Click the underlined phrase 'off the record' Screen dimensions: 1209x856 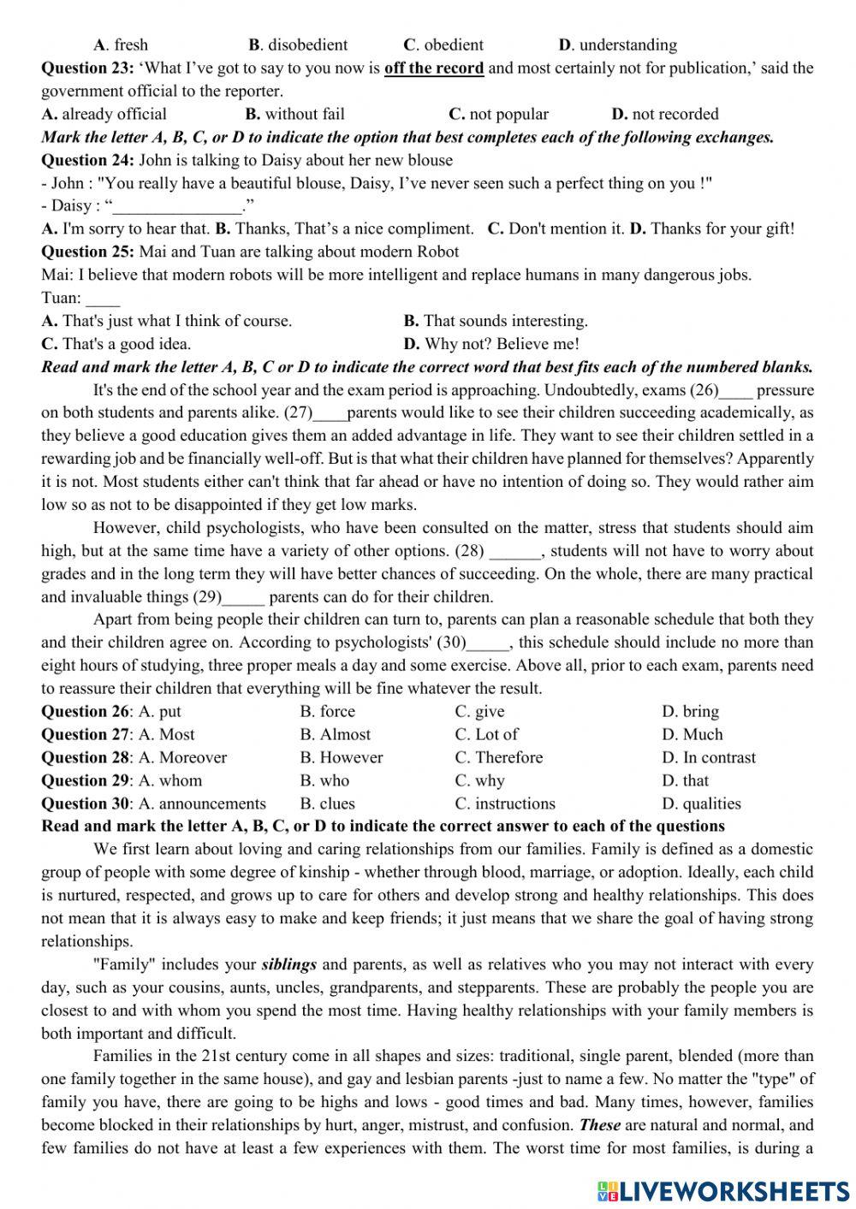tap(434, 68)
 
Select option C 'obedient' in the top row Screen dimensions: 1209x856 tap(443, 45)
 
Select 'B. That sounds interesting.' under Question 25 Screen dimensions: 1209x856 tap(496, 321)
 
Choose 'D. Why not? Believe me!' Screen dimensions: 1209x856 tap(491, 344)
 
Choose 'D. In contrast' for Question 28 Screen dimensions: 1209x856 tap(709, 758)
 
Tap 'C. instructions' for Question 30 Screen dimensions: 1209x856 tap(505, 804)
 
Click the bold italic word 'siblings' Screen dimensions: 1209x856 tap(289, 964)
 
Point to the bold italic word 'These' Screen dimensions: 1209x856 tap(599, 1125)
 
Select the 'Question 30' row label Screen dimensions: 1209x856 tap(85, 804)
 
